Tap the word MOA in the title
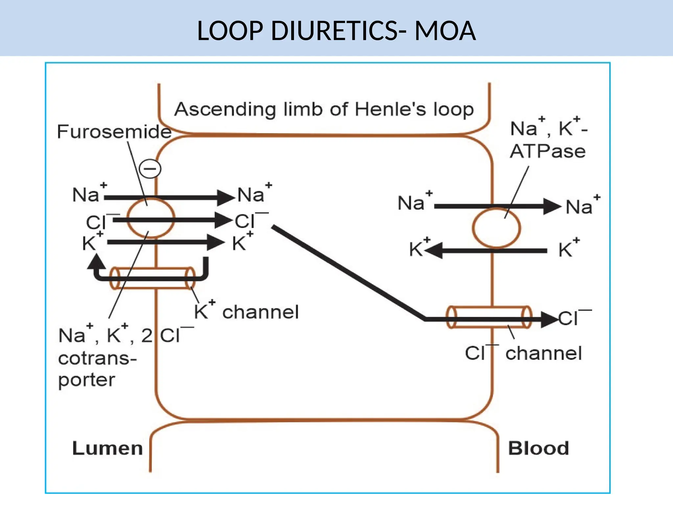[x=445, y=31]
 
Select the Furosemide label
[x=114, y=132]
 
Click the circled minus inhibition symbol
[x=150, y=169]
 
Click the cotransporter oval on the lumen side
[x=151, y=218]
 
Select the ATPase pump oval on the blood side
[x=496, y=228]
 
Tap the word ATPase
[x=547, y=152]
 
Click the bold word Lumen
[x=107, y=448]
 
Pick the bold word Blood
[x=538, y=448]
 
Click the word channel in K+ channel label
[x=261, y=312]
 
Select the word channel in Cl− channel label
[x=544, y=353]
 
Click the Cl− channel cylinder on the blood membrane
[x=489, y=317]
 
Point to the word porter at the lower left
[x=86, y=380]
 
